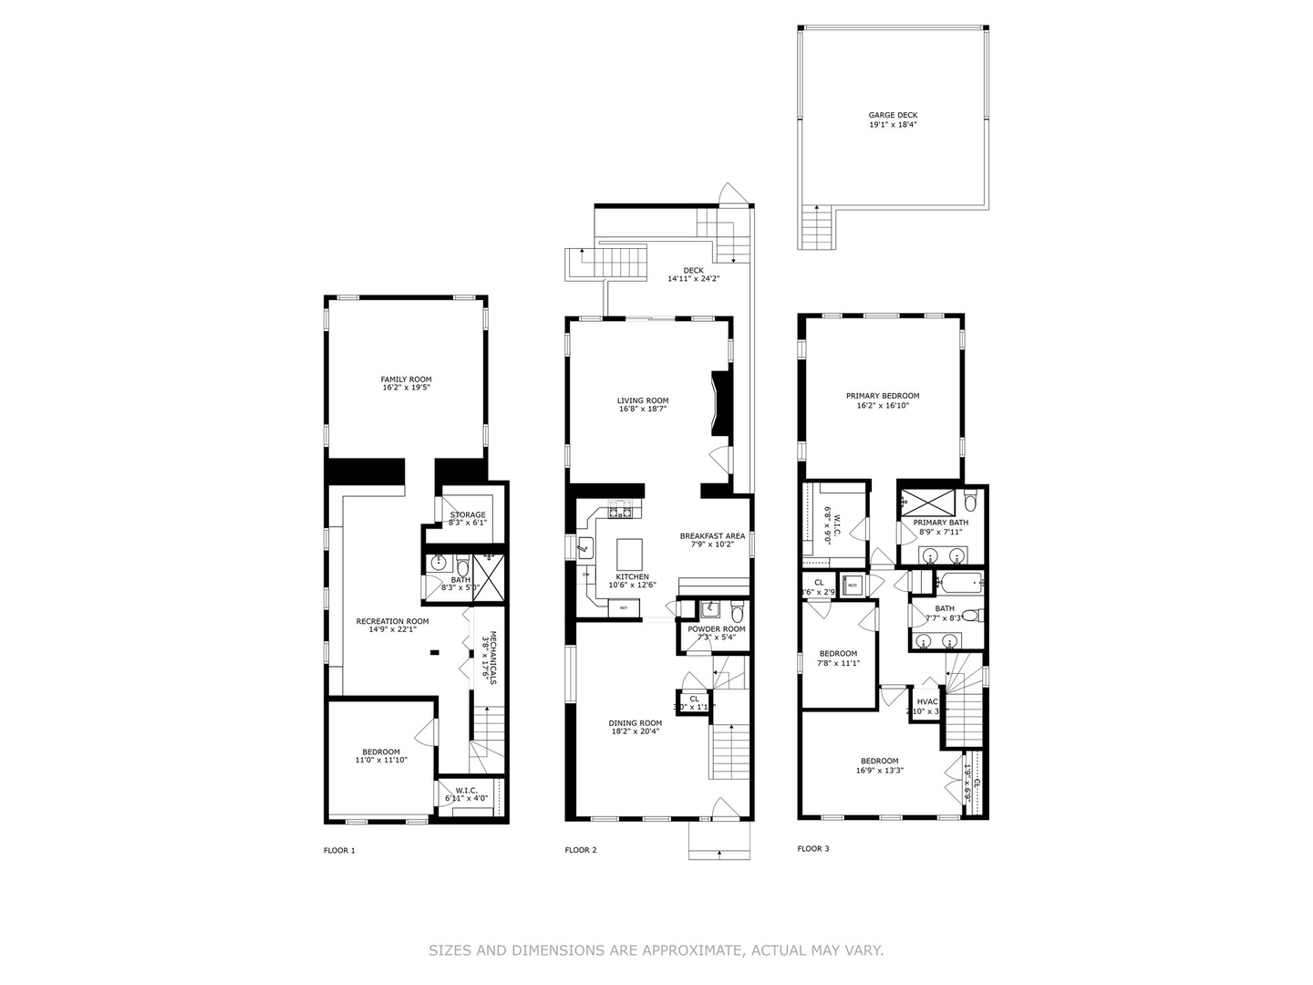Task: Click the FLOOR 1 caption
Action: click(x=339, y=850)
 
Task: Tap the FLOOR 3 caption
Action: click(x=813, y=848)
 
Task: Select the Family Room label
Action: click(x=406, y=379)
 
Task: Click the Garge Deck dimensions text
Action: click(x=893, y=124)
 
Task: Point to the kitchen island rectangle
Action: click(x=629, y=554)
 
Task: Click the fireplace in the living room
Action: click(x=720, y=406)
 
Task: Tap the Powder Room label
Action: click(x=717, y=629)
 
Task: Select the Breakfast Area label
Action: click(x=713, y=536)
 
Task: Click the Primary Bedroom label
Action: click(x=882, y=396)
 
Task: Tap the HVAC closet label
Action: click(x=926, y=701)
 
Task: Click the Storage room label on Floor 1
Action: click(x=467, y=514)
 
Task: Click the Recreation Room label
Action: click(x=392, y=621)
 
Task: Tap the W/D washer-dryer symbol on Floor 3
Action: click(x=853, y=585)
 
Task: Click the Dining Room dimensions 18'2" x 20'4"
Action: click(x=635, y=731)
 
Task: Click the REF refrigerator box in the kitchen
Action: click(x=625, y=607)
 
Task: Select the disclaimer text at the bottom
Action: click(x=656, y=950)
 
